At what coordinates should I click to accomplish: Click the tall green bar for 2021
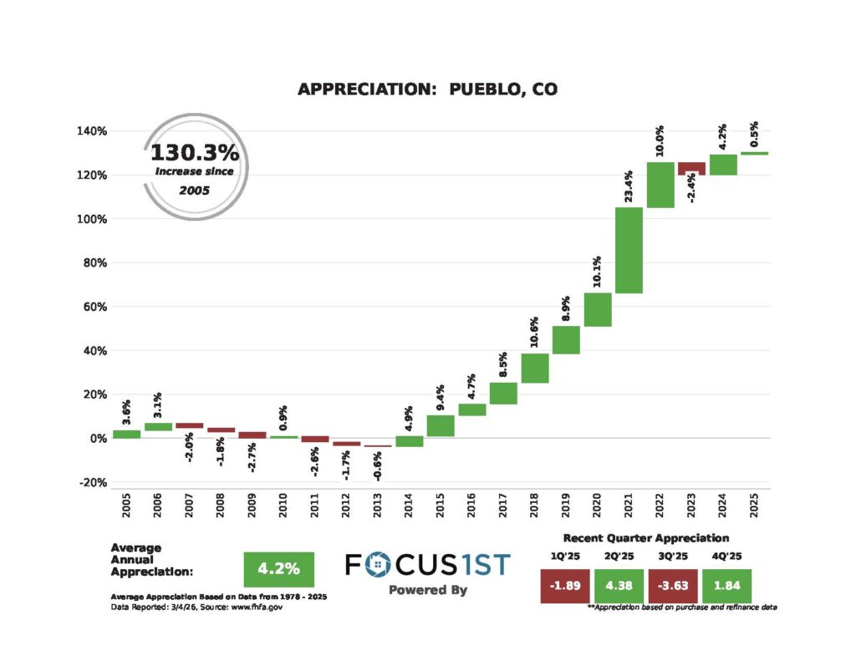click(x=629, y=250)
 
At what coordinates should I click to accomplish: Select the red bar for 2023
click(x=691, y=168)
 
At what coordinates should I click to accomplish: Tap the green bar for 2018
click(x=535, y=368)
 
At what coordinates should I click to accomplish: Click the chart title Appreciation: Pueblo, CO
click(x=427, y=89)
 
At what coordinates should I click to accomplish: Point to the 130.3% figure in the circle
click(x=195, y=153)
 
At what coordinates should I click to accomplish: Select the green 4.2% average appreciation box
click(x=278, y=569)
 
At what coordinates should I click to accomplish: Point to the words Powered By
click(x=427, y=590)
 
